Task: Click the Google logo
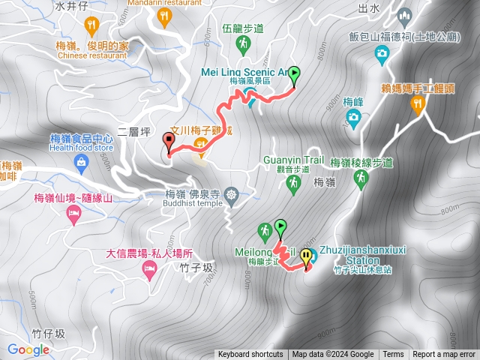[x=28, y=349]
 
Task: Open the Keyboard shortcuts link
[x=250, y=355]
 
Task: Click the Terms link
[x=393, y=355]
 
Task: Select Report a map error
[x=444, y=355]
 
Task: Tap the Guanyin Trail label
[x=293, y=160]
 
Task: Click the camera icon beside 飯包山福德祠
[x=382, y=53]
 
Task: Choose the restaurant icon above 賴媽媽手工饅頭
[x=418, y=104]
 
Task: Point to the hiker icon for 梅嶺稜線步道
[x=361, y=178]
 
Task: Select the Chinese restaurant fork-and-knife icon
[x=91, y=26]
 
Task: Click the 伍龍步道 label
[x=243, y=28]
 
